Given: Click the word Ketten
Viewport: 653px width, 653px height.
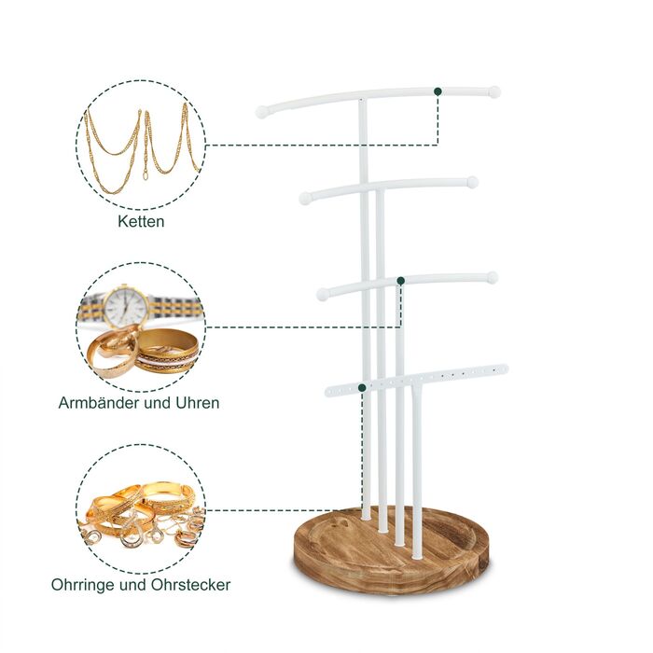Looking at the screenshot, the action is [x=141, y=221].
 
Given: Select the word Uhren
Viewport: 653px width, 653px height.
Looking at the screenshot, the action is [x=198, y=403].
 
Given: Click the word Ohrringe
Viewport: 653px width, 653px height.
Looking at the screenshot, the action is [x=83, y=585].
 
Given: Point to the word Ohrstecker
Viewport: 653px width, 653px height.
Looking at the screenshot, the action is [x=190, y=585].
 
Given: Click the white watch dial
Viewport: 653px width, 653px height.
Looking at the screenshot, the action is [x=126, y=307].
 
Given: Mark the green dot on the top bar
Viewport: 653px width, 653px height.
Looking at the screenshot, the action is [x=438, y=91].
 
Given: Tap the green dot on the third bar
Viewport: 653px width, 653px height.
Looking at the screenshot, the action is [x=400, y=281].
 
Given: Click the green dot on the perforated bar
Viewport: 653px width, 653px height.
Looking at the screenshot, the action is [x=362, y=388].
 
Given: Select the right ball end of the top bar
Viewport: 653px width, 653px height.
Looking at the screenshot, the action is [x=493, y=92].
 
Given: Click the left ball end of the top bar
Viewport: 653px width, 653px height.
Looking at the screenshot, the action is [x=262, y=112].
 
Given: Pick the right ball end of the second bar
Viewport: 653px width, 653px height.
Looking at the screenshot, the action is [x=472, y=182].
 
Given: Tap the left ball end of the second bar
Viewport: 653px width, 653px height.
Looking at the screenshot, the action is [x=305, y=198].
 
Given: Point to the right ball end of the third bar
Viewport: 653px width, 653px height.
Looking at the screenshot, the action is [x=492, y=277].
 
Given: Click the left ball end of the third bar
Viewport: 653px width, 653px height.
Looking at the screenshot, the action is [x=323, y=294].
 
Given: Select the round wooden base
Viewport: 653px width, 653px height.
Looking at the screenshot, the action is [x=392, y=549].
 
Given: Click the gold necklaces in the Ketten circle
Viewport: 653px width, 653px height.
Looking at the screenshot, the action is [x=143, y=146].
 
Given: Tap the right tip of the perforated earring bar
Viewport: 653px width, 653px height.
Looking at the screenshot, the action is [x=506, y=368].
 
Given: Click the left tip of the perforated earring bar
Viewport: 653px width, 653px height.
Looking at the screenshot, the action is [x=327, y=392].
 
